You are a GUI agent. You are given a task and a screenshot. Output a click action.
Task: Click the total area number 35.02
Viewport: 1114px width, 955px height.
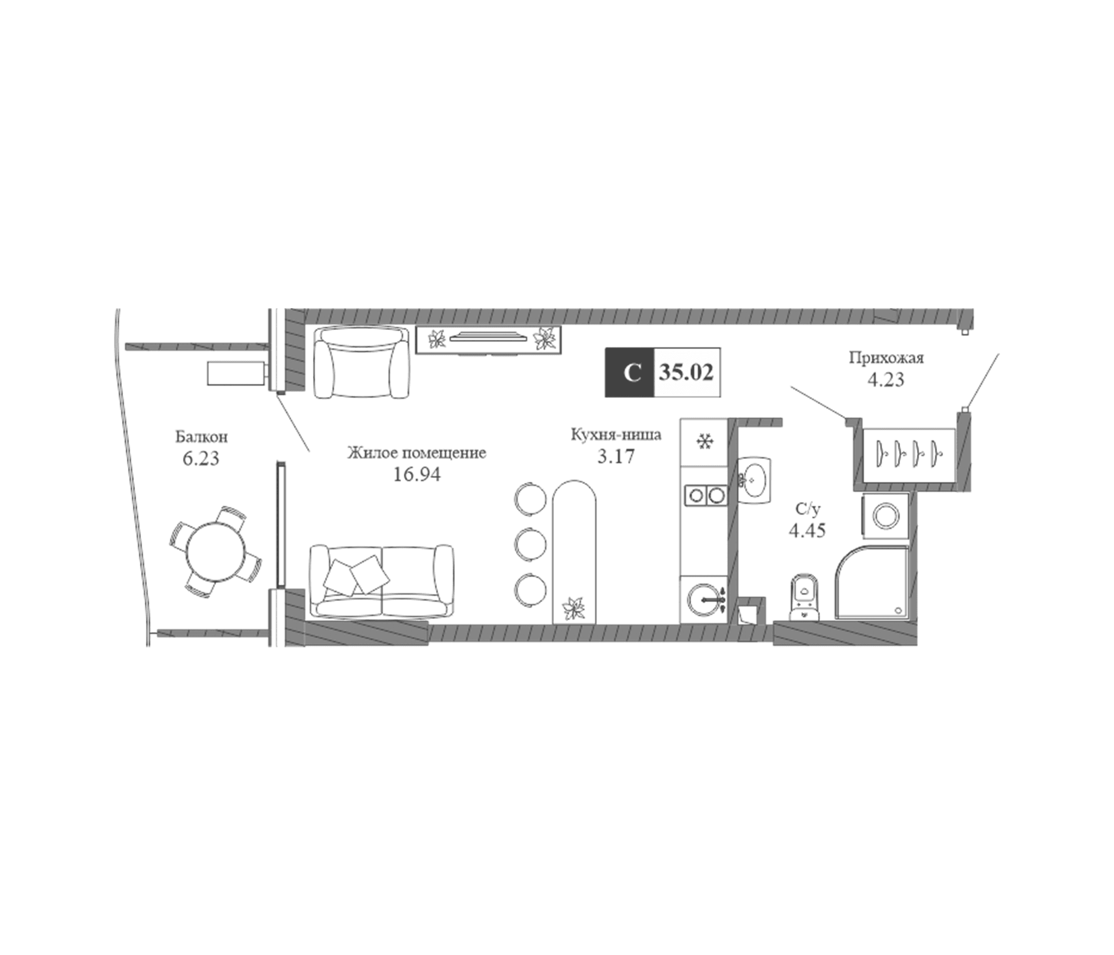point(686,372)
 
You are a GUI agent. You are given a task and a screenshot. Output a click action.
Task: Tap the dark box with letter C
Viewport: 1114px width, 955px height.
point(630,372)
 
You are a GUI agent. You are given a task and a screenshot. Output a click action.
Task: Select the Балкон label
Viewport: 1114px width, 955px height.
point(201,437)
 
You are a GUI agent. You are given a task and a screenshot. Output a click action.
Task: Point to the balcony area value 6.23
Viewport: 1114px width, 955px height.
point(201,459)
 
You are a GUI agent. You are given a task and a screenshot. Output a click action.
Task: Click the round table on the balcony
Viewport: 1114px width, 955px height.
point(215,551)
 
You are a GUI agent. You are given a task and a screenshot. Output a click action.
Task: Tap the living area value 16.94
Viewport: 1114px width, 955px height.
point(416,475)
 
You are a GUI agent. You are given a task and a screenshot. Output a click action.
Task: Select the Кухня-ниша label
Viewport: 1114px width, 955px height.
point(616,435)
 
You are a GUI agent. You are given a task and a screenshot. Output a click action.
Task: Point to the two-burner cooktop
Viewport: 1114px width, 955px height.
point(705,494)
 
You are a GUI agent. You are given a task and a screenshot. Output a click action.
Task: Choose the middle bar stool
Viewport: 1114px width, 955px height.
point(530,544)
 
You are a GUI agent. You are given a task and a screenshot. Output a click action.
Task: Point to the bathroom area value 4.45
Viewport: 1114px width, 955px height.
point(807,531)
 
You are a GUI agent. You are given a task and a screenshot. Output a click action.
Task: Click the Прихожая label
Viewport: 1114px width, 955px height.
point(886,358)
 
